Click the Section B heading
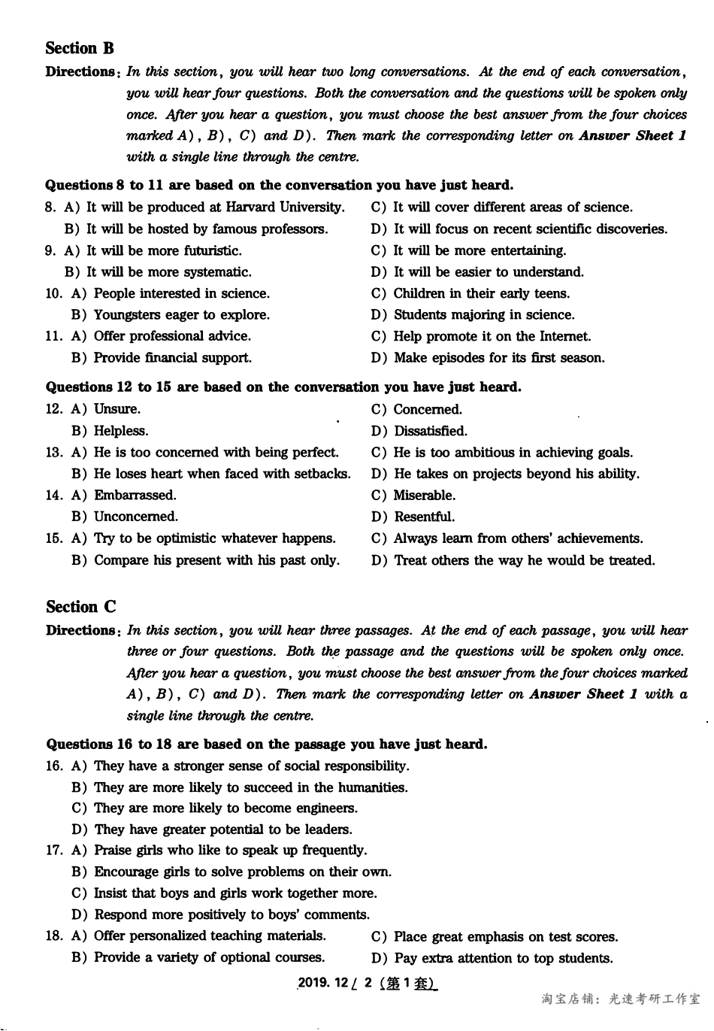80,49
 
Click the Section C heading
81,607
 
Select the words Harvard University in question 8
285,208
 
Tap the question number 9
50,250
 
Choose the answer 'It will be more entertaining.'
480,250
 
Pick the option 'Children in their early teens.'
481,293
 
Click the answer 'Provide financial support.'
172,358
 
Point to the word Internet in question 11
564,336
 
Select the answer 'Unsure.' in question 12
116,409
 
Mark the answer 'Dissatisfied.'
430,431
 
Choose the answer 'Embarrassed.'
135,495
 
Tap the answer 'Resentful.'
424,517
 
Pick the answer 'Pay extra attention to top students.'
503,958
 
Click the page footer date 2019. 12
324,983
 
